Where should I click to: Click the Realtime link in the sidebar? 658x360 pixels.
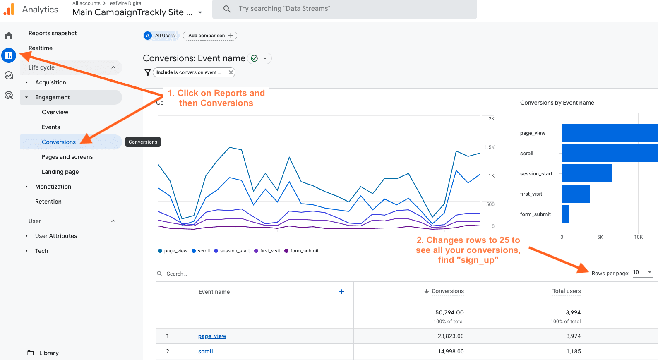click(41, 48)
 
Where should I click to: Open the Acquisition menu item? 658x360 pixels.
click(50, 82)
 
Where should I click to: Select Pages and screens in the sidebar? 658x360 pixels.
click(67, 157)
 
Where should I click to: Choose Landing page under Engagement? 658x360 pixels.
click(60, 172)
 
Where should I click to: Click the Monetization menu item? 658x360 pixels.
click(53, 187)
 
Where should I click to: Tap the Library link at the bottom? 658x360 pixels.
click(48, 353)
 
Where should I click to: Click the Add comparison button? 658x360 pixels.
click(210, 36)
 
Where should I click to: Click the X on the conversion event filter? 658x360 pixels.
click(231, 72)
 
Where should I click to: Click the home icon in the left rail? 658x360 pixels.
click(9, 36)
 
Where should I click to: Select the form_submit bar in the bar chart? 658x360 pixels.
click(565, 214)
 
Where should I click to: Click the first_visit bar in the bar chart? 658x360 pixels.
click(576, 194)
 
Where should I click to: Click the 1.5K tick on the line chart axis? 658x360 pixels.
click(490, 147)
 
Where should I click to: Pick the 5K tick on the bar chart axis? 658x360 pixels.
click(600, 237)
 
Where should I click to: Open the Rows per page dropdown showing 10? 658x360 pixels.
click(643, 272)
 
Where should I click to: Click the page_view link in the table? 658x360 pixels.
click(212, 336)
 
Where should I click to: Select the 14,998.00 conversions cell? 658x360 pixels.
click(451, 351)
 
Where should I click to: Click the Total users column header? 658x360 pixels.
click(566, 291)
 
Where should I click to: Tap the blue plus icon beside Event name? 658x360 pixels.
click(342, 292)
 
